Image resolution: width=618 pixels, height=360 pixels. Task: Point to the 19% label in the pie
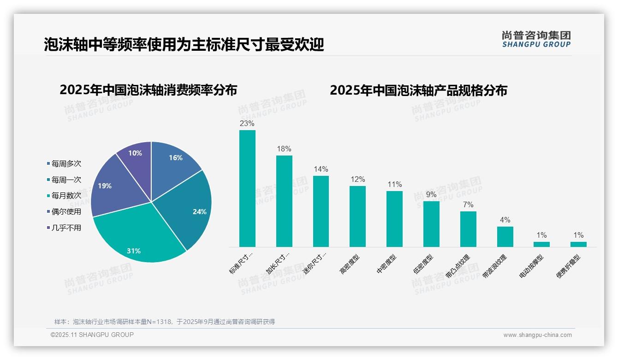pos(105,186)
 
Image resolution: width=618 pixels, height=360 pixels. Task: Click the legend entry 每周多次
pos(66,164)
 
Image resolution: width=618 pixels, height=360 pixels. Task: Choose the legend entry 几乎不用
pos(66,228)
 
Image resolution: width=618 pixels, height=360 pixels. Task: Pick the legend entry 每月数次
pos(66,196)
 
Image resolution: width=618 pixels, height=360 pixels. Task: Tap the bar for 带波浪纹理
pos(505,236)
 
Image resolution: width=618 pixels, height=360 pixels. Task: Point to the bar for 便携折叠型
pos(578,244)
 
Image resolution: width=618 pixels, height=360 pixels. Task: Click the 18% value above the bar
pos(284,149)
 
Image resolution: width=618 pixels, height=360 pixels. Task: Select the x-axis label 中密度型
pos(386,264)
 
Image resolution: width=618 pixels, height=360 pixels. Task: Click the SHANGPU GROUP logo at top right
pos(536,39)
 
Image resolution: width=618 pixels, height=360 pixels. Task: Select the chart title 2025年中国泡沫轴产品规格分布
pos(418,90)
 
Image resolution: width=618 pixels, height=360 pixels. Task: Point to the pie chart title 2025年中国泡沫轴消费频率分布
pos(148,90)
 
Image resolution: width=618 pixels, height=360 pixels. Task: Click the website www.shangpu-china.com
pos(537,335)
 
